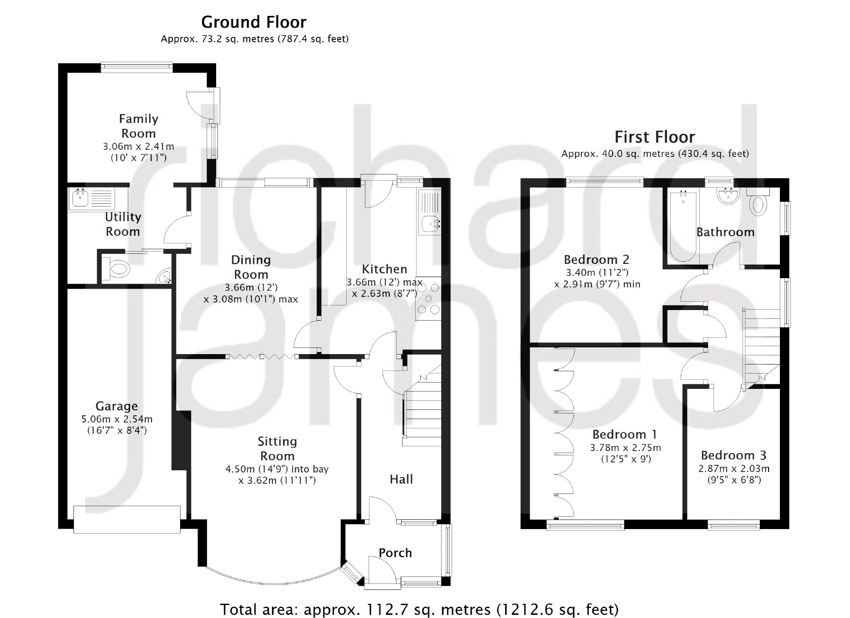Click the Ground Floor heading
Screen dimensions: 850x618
click(x=254, y=22)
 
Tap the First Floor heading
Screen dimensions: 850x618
click(x=654, y=137)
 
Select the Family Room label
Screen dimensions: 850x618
click(x=139, y=126)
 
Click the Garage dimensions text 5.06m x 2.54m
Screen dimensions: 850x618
click(x=117, y=419)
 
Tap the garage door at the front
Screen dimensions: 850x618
click(x=127, y=519)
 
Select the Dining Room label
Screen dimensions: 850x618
click(x=251, y=267)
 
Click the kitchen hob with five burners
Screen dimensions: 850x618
click(x=429, y=299)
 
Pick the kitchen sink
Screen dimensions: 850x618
click(x=431, y=224)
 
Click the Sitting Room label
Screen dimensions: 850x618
click(x=277, y=449)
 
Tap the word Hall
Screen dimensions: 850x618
click(x=401, y=480)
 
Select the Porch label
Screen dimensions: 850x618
click(x=395, y=553)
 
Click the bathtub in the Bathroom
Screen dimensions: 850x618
click(x=683, y=227)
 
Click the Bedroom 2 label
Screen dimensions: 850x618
click(x=596, y=260)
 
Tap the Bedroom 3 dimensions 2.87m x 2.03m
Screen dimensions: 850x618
click(x=734, y=469)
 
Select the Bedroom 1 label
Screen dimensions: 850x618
click(x=625, y=434)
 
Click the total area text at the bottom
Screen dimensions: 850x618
click(x=419, y=609)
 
